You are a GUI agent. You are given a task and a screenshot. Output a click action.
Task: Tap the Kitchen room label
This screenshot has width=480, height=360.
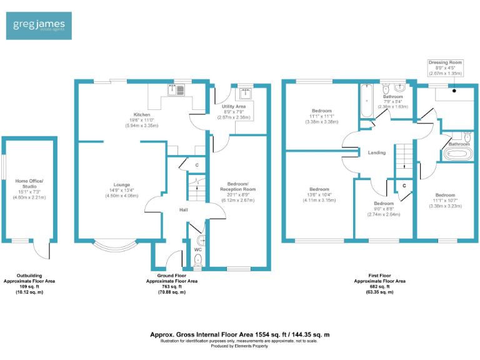(x=141, y=115)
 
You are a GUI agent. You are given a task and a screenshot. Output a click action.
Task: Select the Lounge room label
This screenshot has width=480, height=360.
(x=122, y=184)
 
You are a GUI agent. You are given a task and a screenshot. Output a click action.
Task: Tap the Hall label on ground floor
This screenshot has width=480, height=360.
(x=184, y=210)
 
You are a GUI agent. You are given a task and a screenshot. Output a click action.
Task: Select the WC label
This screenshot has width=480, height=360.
(x=197, y=251)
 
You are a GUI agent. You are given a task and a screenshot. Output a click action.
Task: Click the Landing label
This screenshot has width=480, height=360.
(x=377, y=152)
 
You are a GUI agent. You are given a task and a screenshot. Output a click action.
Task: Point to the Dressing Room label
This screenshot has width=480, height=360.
(x=444, y=63)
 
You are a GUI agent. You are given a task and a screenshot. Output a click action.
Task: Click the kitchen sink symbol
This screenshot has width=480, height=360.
(x=174, y=91)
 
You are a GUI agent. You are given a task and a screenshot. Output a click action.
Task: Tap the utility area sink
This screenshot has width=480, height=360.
(x=244, y=94)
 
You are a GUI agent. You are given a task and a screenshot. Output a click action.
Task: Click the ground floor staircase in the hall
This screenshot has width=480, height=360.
(x=197, y=187)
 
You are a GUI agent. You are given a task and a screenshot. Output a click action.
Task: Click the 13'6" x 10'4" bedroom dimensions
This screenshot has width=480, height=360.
(x=319, y=200)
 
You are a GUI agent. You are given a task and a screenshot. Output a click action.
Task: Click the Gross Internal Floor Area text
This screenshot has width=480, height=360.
(x=240, y=334)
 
